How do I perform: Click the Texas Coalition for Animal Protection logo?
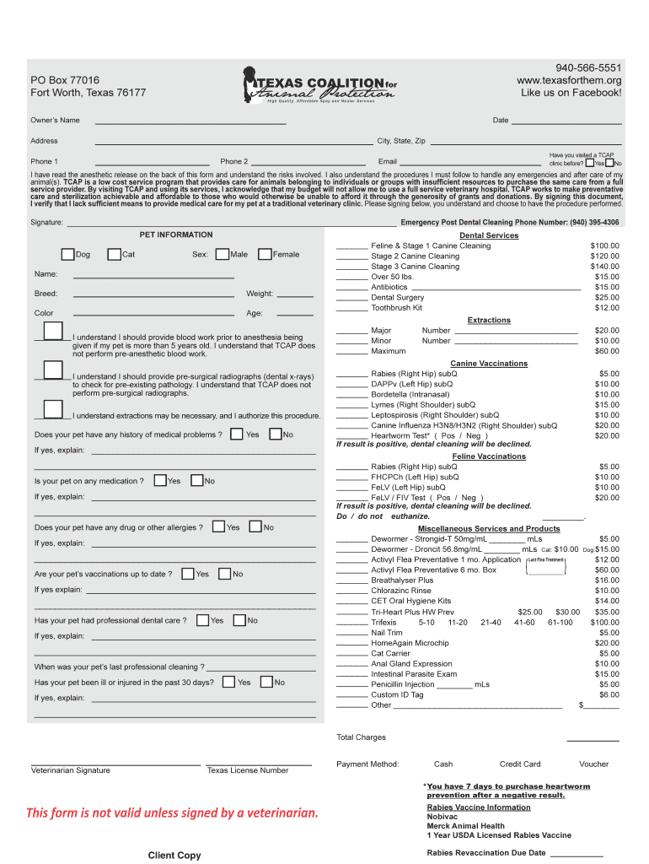(319, 85)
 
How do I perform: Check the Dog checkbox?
(68, 254)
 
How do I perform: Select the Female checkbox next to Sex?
(265, 254)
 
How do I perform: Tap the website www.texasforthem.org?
(570, 80)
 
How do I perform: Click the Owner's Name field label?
(55, 121)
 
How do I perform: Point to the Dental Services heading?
(489, 235)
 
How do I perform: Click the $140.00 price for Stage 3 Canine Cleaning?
(604, 267)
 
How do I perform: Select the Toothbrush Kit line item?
(396, 308)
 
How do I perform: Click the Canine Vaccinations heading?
(489, 364)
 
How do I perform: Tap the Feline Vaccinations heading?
(489, 456)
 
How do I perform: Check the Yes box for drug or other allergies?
(219, 527)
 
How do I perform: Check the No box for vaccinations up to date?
(224, 574)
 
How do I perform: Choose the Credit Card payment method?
(520, 764)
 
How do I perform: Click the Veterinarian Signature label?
(70, 770)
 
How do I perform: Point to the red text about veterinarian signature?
(173, 813)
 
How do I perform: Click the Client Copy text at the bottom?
(174, 856)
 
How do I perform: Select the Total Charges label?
(361, 737)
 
